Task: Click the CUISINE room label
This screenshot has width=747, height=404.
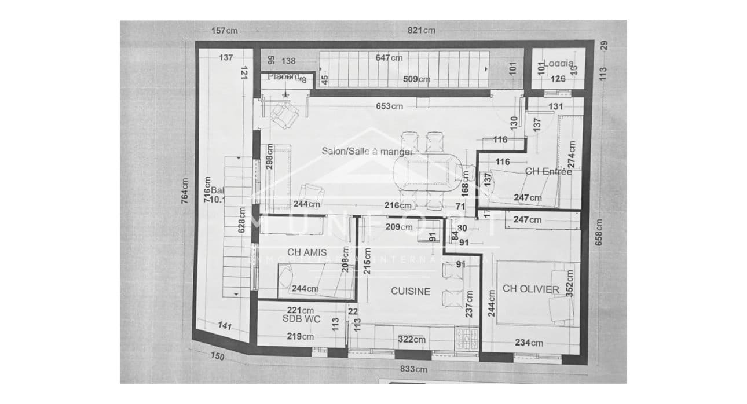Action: tap(410, 291)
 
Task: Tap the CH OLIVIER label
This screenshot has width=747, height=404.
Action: tap(530, 289)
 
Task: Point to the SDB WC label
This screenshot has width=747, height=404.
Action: tap(298, 319)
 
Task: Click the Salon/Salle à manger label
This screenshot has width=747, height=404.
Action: tap(367, 151)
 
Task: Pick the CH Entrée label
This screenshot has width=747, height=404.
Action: tap(548, 171)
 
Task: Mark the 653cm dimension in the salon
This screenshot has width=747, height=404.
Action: tap(389, 106)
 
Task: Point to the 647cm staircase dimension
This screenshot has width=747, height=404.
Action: tap(389, 58)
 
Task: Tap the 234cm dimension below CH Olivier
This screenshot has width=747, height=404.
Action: tap(529, 343)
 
